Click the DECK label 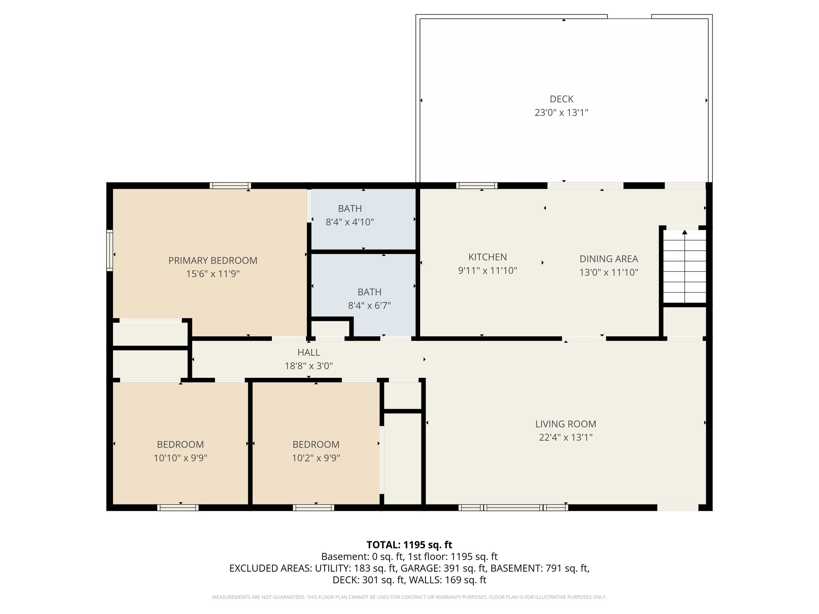pyautogui.click(x=561, y=99)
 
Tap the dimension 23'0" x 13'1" pyautogui.click(x=561, y=113)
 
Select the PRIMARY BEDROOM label pyautogui.click(x=213, y=261)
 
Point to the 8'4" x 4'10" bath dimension pyautogui.click(x=350, y=222)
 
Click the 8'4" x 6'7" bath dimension pyautogui.click(x=369, y=306)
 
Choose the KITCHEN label pyautogui.click(x=487, y=257)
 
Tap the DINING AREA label pyautogui.click(x=609, y=259)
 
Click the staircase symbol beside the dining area pyautogui.click(x=685, y=266)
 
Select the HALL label pyautogui.click(x=309, y=353)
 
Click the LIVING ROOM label pyautogui.click(x=565, y=424)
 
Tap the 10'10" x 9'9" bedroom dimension pyautogui.click(x=180, y=458)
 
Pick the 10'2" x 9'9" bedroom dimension pyautogui.click(x=316, y=458)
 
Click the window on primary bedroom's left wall pyautogui.click(x=110, y=251)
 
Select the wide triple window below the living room pyautogui.click(x=513, y=508)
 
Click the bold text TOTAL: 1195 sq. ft pyautogui.click(x=409, y=545)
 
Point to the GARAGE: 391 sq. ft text pyautogui.click(x=443, y=568)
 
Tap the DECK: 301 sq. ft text pyautogui.click(x=369, y=580)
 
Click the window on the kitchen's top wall pyautogui.click(x=477, y=185)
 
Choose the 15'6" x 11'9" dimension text pyautogui.click(x=213, y=274)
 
